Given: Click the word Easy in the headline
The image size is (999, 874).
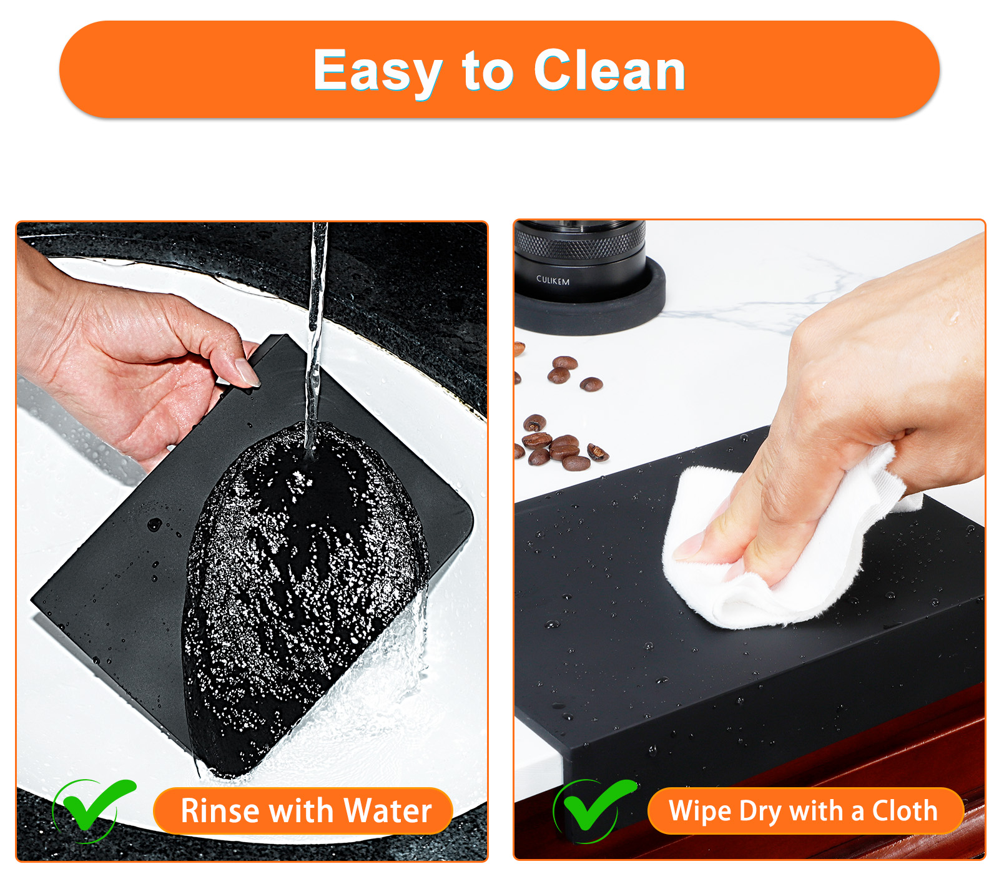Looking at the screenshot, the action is [x=378, y=72].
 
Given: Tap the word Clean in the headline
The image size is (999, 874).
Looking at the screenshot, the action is [x=609, y=71].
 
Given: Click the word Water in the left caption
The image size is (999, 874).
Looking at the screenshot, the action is [x=388, y=811].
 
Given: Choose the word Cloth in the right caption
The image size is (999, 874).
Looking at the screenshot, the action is [x=905, y=810].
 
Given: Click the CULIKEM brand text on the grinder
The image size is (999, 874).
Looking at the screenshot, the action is [x=553, y=281].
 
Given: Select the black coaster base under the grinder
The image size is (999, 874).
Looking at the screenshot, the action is [x=590, y=303].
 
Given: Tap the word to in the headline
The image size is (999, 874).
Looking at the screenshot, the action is [x=488, y=72].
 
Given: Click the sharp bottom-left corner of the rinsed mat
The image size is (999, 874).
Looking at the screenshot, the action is [x=32, y=600].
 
